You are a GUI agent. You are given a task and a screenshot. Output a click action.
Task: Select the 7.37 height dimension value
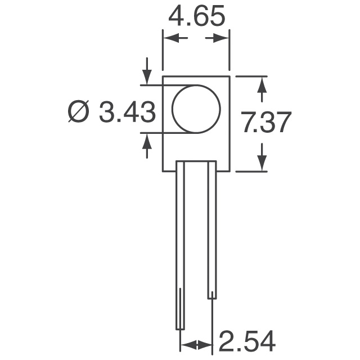point(265,123)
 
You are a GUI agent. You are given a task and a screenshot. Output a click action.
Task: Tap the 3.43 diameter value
point(127,113)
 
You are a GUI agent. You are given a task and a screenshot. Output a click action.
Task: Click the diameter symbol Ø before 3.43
point(79,113)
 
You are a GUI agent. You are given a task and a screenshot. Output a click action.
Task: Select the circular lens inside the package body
point(195,109)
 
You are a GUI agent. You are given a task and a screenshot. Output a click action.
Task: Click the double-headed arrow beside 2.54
point(196,344)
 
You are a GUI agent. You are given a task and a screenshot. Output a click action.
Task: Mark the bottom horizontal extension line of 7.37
point(250,172)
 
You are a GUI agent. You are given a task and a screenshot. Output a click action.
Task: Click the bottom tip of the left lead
point(180,328)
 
